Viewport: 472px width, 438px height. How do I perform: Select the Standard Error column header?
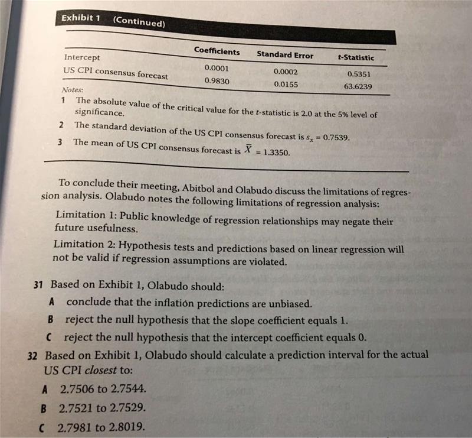click(285, 55)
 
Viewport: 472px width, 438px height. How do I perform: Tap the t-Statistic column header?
click(355, 58)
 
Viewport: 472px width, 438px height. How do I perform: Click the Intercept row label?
click(82, 58)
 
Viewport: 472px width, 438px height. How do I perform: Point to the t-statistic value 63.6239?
click(358, 86)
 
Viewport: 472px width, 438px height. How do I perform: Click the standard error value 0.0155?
click(286, 84)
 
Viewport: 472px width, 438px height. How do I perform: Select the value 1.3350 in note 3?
click(274, 152)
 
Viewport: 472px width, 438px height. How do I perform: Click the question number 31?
click(39, 285)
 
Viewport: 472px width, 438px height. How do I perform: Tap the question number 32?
click(34, 356)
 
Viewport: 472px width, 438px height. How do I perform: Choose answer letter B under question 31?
click(52, 320)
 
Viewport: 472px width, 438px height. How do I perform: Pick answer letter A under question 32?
click(45, 390)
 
